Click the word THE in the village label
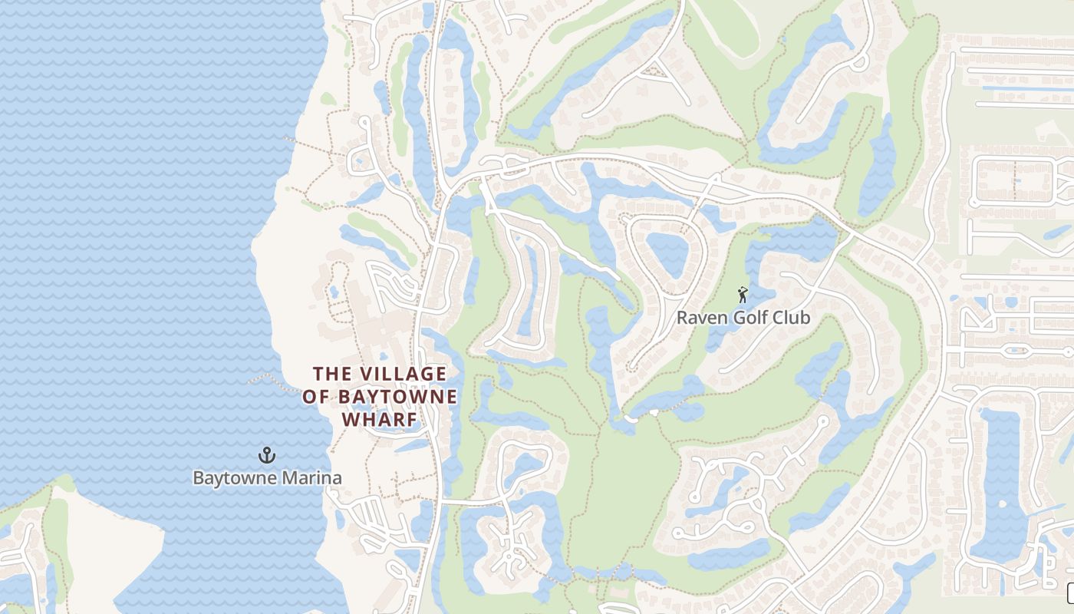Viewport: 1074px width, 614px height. point(332,374)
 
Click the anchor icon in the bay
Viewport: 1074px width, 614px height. point(266,455)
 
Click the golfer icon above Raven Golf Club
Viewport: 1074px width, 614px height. point(742,295)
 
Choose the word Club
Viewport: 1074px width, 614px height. point(792,318)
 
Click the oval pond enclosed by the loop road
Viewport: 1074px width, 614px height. point(666,253)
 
